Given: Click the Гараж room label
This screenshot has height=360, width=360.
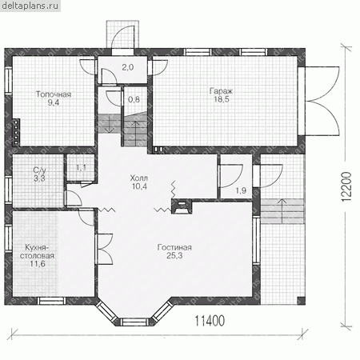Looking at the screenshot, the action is click(x=221, y=91).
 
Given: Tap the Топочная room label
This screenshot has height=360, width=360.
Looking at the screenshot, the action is click(x=54, y=94).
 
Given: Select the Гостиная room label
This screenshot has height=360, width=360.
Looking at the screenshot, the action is click(x=174, y=247).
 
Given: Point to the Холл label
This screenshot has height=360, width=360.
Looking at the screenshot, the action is click(x=139, y=178).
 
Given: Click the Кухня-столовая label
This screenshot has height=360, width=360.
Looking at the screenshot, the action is click(x=37, y=251).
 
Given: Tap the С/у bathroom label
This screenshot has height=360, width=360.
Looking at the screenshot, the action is click(x=39, y=170).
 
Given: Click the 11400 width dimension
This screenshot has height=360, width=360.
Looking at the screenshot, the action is click(x=210, y=321).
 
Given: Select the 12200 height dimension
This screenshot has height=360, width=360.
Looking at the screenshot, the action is click(x=346, y=187).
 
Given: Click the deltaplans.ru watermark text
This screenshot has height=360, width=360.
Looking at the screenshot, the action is click(x=30, y=6).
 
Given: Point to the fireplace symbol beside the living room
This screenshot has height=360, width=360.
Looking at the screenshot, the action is click(x=182, y=206).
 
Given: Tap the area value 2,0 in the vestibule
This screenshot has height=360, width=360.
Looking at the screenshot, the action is click(x=128, y=67).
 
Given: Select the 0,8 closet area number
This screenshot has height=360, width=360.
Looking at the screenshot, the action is click(x=134, y=99).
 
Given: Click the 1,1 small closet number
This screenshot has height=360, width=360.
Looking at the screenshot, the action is click(x=81, y=168).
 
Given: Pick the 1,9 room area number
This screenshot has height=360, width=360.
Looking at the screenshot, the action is click(x=241, y=190).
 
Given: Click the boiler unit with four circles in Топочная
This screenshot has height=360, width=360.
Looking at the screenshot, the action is click(x=16, y=132).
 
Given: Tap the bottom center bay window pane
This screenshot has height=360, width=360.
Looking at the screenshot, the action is click(x=134, y=322).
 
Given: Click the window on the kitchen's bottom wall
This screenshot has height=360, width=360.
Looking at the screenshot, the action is click(x=51, y=301).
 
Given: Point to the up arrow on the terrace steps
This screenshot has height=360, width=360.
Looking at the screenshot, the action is click(x=282, y=211).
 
